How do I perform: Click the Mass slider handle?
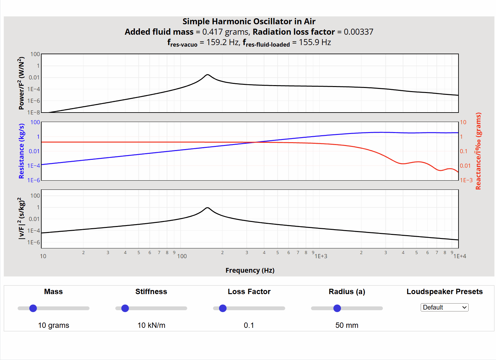click(x=33, y=308)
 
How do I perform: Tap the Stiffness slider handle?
click(x=125, y=308)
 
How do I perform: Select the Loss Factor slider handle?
click(x=223, y=308)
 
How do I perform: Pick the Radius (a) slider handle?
click(x=337, y=308)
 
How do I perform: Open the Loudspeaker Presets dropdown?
click(x=444, y=307)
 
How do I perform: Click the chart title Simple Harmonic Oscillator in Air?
click(x=249, y=21)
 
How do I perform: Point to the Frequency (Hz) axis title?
click(x=250, y=270)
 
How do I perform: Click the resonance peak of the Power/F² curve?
click(x=207, y=75)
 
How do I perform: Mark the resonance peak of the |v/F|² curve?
click(x=207, y=208)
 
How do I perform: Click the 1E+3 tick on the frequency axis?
click(x=321, y=256)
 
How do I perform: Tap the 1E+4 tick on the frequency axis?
click(x=460, y=256)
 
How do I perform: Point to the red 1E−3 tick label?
click(x=466, y=180)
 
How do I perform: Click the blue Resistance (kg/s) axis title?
click(x=21, y=151)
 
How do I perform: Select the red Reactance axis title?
click(x=478, y=151)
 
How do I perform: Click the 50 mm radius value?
click(x=347, y=325)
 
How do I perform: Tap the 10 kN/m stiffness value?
click(x=151, y=325)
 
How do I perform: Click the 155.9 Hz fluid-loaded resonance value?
click(x=315, y=42)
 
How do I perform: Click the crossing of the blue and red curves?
click(x=256, y=142)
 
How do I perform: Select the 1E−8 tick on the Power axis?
click(x=34, y=113)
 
